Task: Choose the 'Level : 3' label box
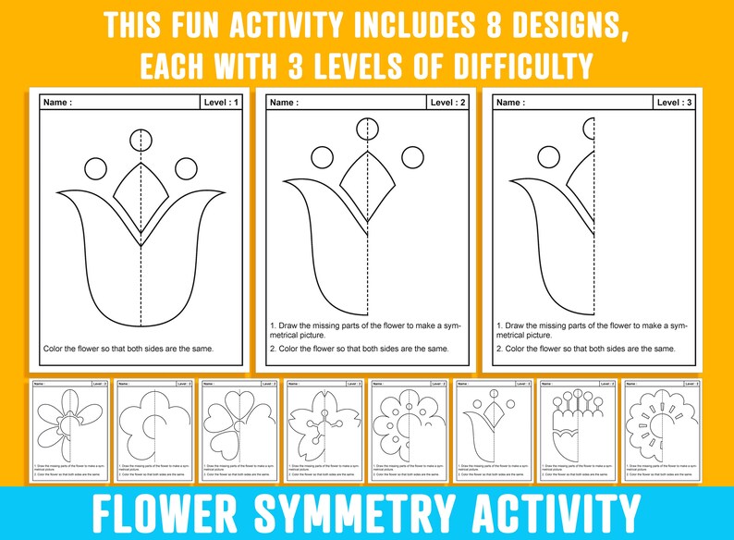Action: pyautogui.click(x=675, y=103)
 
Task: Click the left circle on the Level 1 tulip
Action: pyautogui.click(x=96, y=168)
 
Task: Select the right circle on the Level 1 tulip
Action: pyautogui.click(x=185, y=168)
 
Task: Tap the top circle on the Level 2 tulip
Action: pyautogui.click(x=368, y=128)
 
